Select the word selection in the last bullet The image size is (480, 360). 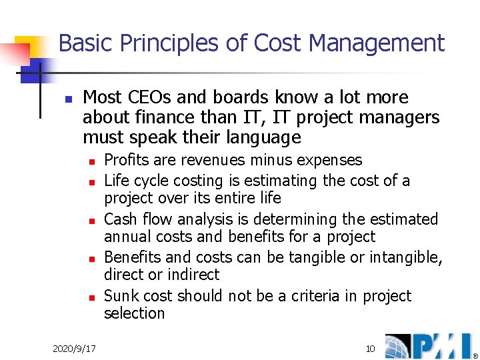[134, 313]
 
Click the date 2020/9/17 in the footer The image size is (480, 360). [73, 349]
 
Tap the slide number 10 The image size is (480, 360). [370, 349]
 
